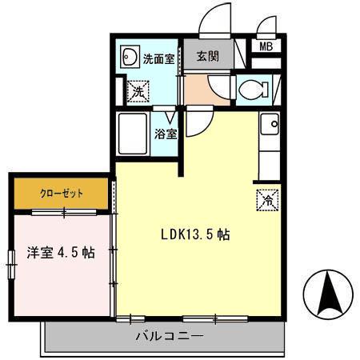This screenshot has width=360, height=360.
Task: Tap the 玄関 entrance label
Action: click(209, 58)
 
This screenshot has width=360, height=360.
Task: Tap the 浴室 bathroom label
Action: click(166, 134)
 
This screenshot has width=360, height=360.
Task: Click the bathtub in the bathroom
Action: click(133, 134)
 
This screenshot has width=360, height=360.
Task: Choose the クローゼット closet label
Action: click(61, 194)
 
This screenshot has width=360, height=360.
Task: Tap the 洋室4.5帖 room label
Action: click(61, 253)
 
